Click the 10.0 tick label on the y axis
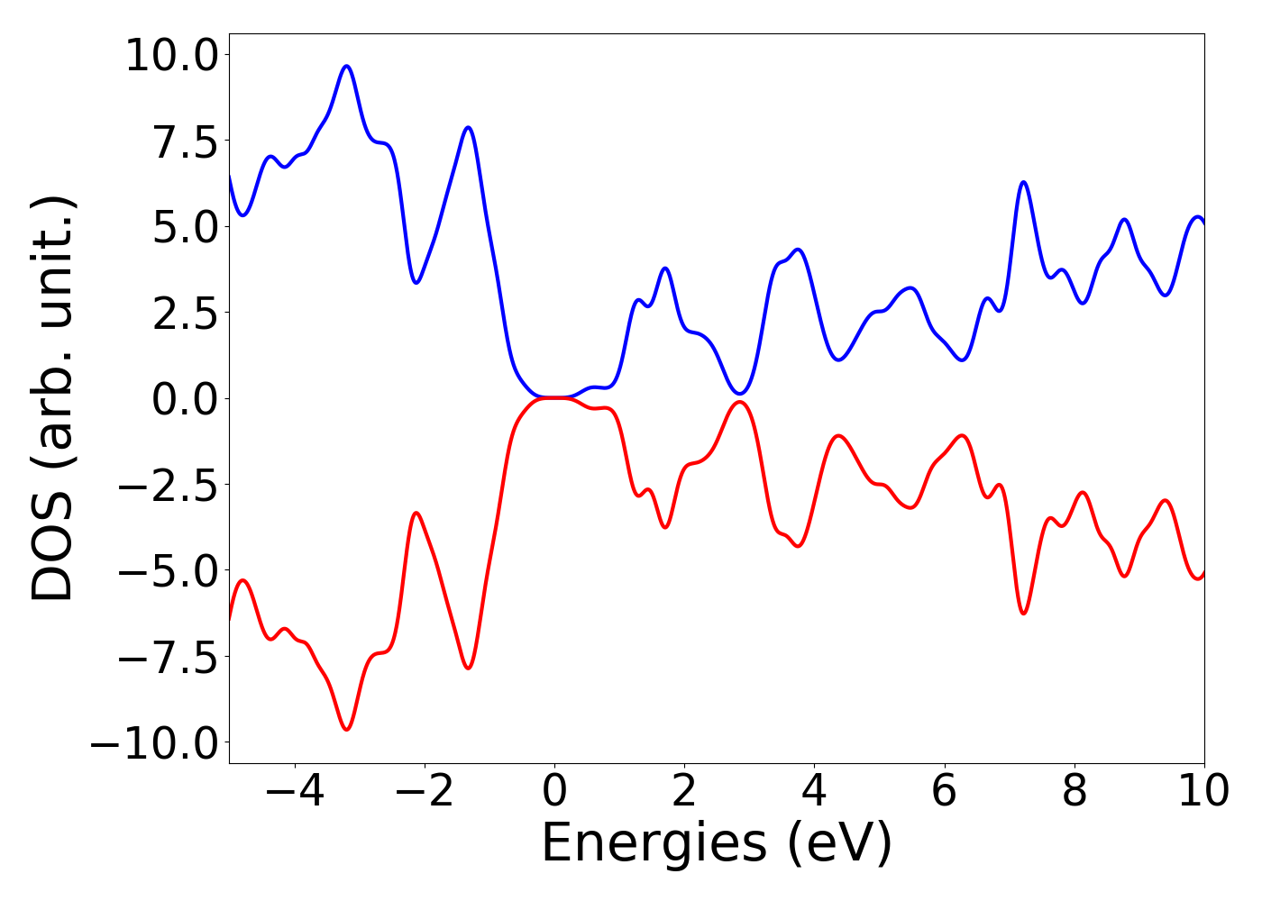point(171,56)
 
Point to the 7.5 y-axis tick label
point(185,142)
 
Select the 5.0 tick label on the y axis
point(185,228)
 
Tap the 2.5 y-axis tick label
point(185,314)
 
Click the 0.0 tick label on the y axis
point(185,399)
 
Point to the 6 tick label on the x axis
point(945,791)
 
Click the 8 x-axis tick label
point(1075,791)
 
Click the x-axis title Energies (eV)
point(717,844)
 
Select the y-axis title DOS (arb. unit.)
point(53,398)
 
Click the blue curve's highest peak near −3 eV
point(346,66)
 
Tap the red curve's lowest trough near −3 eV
point(346,729)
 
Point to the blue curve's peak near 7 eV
point(1023,182)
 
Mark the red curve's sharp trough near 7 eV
point(1023,614)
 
